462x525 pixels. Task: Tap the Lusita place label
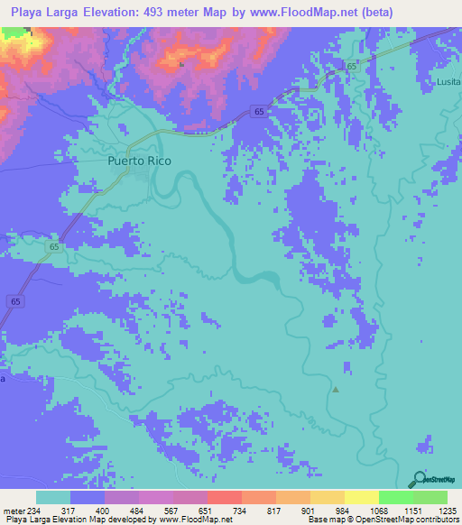[x=449, y=81]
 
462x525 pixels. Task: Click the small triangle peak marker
[x=336, y=390]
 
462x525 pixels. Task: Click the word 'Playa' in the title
[x=29, y=14]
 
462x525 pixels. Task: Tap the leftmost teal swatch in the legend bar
[x=53, y=497]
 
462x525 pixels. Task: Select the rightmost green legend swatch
[x=430, y=497]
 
